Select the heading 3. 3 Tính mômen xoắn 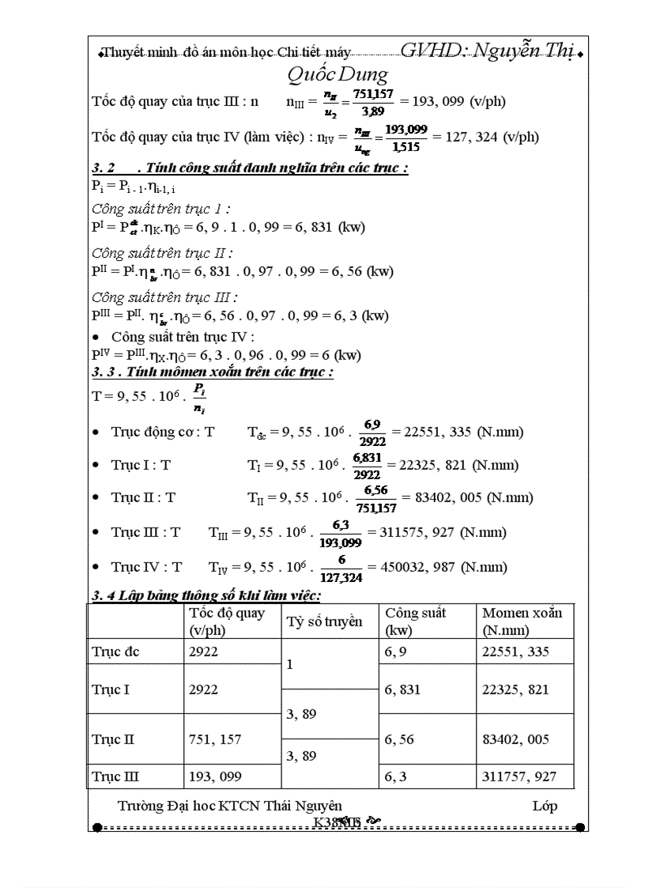[213, 372]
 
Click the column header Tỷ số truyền [324, 622]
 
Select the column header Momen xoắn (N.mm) [522, 622]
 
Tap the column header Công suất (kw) [416, 622]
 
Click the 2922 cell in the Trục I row [204, 690]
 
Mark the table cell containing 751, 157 [216, 740]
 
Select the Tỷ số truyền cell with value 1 [290, 665]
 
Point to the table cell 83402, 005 [515, 740]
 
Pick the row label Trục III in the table [115, 777]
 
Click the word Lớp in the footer [545, 806]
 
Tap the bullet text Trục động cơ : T [162, 432]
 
